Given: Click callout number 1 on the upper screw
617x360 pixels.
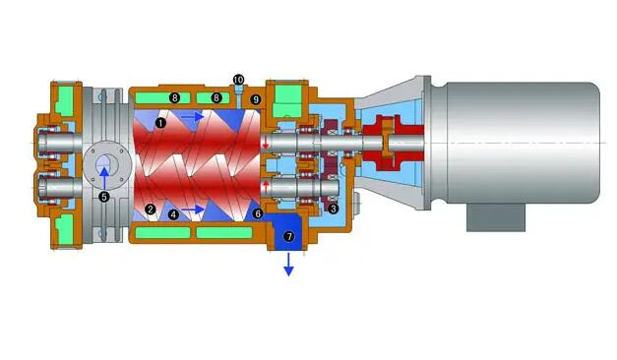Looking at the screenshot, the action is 160,123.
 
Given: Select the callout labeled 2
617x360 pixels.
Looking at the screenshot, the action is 150,209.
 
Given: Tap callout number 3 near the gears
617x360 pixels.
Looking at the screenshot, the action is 333,209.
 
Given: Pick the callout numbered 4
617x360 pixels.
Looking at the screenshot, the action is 173,214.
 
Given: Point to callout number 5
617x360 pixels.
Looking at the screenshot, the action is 104,197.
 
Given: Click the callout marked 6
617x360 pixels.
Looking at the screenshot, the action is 258,213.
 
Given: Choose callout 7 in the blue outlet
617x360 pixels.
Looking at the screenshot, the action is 289,236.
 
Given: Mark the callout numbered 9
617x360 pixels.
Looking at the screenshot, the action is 256,99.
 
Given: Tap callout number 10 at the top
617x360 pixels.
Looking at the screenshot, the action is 238,80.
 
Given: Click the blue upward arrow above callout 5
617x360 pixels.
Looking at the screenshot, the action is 104,178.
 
